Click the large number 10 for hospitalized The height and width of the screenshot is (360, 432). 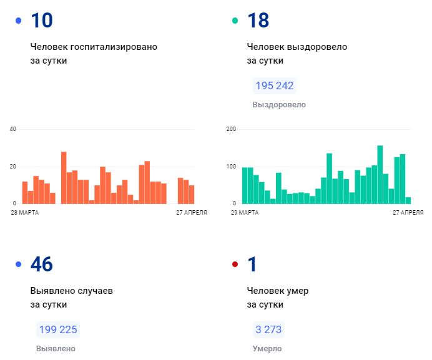tap(42, 21)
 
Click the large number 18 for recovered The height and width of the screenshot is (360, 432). tap(258, 21)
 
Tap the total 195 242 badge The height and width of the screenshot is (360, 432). tap(273, 85)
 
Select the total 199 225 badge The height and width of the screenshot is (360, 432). tap(58, 329)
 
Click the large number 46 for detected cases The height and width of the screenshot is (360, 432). tap(42, 265)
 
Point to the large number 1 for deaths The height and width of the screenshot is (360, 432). tap(252, 265)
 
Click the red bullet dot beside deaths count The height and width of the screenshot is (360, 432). tap(235, 265)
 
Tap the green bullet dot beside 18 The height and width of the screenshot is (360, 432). tap(235, 21)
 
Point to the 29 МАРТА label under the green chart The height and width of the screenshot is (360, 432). tap(245, 213)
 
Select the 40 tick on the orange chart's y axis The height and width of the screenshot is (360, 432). tap(12, 129)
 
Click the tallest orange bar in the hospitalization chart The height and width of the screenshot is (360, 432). tap(64, 178)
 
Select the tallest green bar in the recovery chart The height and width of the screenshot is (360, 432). tap(380, 175)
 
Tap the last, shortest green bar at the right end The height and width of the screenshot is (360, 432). tap(408, 200)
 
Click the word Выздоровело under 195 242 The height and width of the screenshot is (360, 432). tap(279, 105)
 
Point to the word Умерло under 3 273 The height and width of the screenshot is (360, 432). tap(267, 349)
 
